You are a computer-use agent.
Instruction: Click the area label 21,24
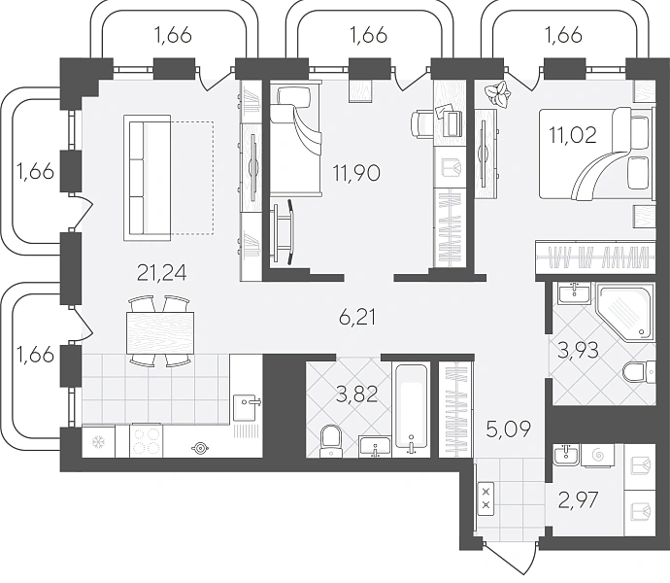click(162, 273)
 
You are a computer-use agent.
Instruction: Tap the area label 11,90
click(356, 174)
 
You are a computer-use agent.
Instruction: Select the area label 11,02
click(573, 136)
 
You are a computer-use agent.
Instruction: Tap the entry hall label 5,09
click(510, 428)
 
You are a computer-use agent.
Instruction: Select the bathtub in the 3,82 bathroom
click(411, 407)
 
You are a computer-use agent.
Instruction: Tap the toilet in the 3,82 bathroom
click(330, 440)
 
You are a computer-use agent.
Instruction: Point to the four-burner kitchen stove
click(147, 441)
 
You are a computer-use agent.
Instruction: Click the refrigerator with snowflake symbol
click(98, 441)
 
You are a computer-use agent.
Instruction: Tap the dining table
click(160, 332)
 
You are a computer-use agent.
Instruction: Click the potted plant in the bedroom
click(497, 94)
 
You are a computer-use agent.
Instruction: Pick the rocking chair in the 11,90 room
click(283, 231)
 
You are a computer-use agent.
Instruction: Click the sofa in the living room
click(148, 178)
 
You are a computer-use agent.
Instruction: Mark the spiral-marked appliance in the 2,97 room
click(598, 456)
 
